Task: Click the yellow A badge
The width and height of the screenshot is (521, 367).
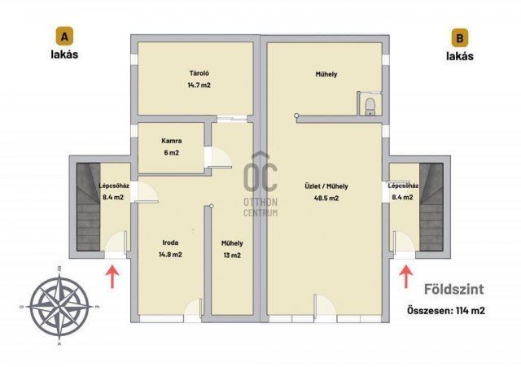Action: click(64, 37)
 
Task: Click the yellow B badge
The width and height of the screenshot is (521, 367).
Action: click(459, 37)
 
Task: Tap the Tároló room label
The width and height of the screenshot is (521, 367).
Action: click(199, 73)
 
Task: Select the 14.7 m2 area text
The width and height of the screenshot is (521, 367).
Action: click(199, 85)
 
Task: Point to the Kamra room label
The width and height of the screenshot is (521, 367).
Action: click(172, 141)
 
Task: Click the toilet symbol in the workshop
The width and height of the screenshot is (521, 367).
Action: click(370, 107)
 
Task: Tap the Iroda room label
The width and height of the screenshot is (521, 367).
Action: click(170, 242)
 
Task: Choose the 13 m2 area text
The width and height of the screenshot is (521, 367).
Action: click(232, 256)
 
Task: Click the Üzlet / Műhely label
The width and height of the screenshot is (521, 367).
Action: click(326, 186)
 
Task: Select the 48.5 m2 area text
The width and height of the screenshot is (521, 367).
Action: click(326, 199)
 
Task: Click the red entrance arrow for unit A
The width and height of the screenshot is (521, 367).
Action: click(112, 276)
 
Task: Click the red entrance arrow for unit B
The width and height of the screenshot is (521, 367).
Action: click(405, 277)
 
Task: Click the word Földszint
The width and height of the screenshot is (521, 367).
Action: click(454, 289)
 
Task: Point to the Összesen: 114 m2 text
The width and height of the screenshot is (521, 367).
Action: click(446, 311)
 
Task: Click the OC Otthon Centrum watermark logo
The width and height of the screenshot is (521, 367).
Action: click(260, 184)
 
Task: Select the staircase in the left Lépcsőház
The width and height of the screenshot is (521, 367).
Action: click(89, 207)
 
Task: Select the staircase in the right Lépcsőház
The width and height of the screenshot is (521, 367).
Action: click(431, 207)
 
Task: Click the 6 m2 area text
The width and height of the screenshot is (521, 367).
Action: click(172, 153)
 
